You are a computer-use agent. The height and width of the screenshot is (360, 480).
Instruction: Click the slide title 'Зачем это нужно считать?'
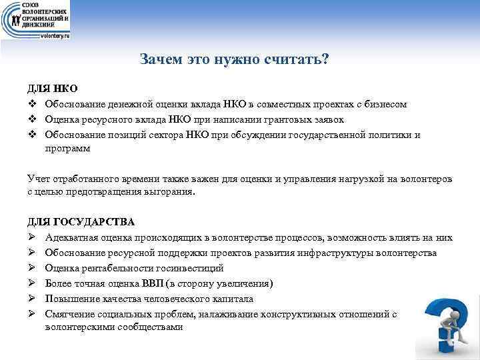[235, 59]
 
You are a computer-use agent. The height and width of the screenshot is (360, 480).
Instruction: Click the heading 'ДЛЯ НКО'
[53, 89]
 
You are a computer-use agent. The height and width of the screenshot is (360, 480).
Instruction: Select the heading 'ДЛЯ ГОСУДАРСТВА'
[81, 221]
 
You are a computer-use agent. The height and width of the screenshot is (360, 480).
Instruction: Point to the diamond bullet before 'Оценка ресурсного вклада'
[31, 120]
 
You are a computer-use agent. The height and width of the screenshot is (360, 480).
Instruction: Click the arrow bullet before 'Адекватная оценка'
[31, 237]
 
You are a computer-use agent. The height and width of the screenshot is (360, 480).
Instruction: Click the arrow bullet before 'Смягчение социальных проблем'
[31, 314]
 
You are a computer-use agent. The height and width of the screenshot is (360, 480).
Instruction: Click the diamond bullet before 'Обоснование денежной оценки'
[31, 105]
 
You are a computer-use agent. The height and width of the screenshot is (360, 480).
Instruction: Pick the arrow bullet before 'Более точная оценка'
[31, 283]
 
